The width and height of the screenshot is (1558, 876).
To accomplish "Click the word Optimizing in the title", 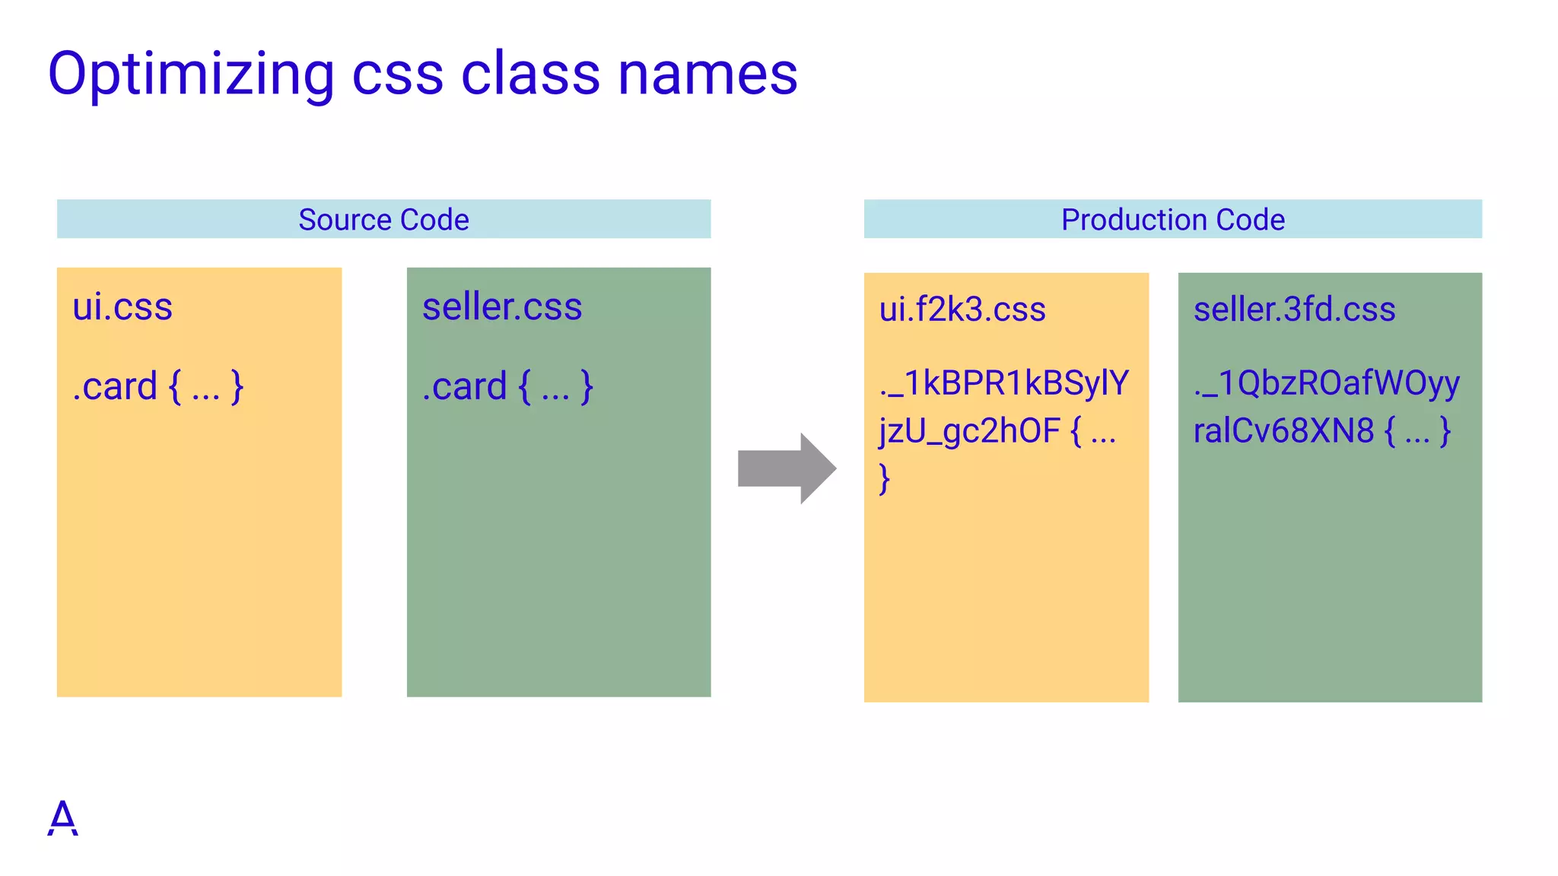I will pyautogui.click(x=191, y=75).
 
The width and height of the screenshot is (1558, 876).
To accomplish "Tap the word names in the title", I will pyautogui.click(x=707, y=75).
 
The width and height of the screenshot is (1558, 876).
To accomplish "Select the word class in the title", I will pyautogui.click(x=530, y=75).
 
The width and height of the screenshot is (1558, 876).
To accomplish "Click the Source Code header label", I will pyautogui.click(x=383, y=220).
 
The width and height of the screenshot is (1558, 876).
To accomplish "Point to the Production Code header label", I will pyautogui.click(x=1172, y=220).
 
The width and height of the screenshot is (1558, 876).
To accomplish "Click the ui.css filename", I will pyautogui.click(x=122, y=307).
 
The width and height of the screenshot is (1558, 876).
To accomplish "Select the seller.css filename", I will pyautogui.click(x=502, y=307).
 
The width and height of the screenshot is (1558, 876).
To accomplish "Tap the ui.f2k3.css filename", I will pyautogui.click(x=962, y=309).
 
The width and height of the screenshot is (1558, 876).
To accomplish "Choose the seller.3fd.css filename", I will pyautogui.click(x=1294, y=309).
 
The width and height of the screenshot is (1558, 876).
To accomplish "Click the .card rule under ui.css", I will pyautogui.click(x=157, y=386).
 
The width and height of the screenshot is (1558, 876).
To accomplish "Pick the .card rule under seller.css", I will pyautogui.click(x=507, y=386).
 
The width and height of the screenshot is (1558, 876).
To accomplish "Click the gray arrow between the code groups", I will pyautogui.click(x=787, y=468).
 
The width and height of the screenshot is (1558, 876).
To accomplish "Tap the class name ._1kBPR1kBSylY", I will pyautogui.click(x=1004, y=383).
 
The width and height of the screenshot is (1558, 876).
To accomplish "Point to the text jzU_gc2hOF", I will pyautogui.click(x=969, y=431).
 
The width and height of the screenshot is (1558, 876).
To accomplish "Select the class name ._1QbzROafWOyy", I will pyautogui.click(x=1326, y=383).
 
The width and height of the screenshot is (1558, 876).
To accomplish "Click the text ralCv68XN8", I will pyautogui.click(x=1283, y=431).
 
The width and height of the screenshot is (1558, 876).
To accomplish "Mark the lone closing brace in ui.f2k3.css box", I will pyautogui.click(x=884, y=479).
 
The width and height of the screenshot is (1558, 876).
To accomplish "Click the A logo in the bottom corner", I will pyautogui.click(x=62, y=818).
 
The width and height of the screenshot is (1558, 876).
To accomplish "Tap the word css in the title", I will pyautogui.click(x=398, y=75).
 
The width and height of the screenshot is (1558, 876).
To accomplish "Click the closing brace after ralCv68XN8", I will pyautogui.click(x=1445, y=431).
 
